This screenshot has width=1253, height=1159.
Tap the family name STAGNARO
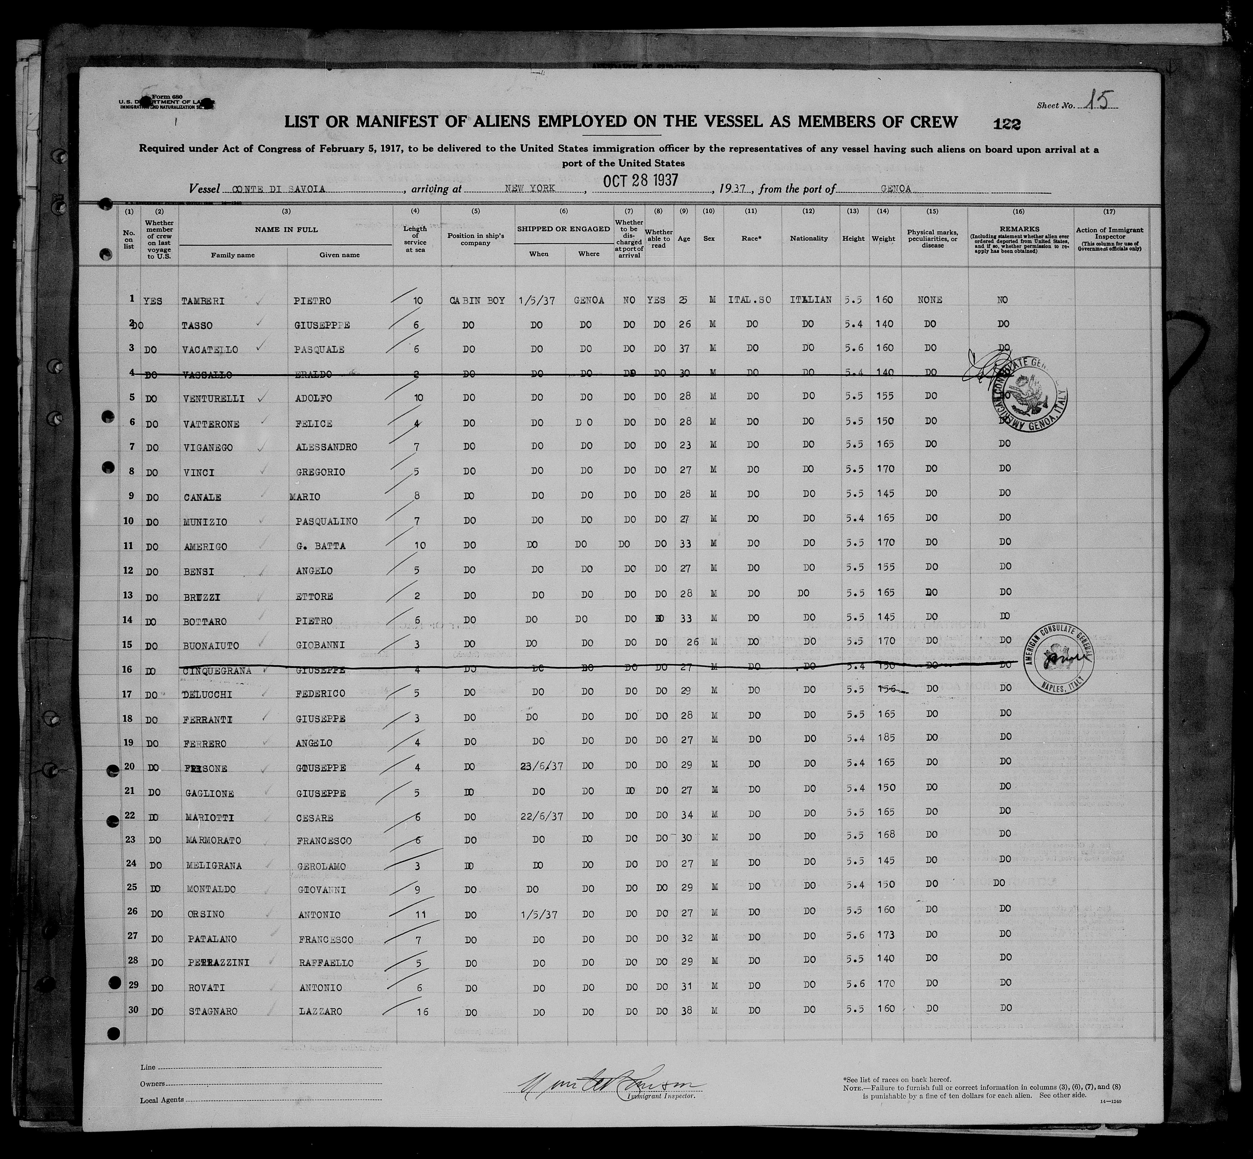(215, 1011)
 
